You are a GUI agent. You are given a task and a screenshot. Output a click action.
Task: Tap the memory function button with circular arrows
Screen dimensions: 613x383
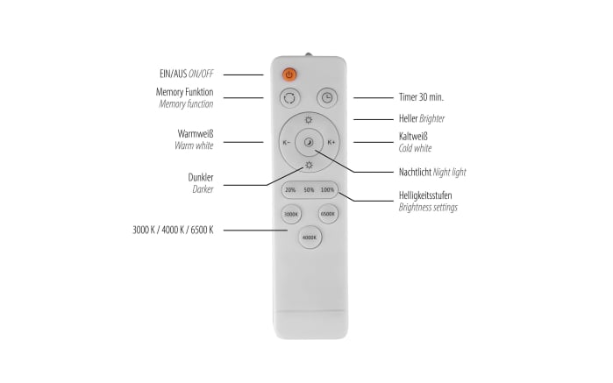point(289,97)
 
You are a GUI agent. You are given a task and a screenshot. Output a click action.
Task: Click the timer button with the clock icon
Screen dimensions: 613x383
point(327,97)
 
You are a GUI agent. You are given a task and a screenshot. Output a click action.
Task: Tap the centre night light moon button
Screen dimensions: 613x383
point(309,142)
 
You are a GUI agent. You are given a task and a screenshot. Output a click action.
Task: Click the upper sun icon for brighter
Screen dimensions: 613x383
point(309,119)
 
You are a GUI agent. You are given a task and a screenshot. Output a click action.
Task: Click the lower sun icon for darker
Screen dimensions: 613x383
point(309,165)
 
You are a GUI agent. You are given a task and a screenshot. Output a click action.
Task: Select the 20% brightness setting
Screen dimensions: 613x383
point(290,190)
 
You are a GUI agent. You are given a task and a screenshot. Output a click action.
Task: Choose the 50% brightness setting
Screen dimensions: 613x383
point(309,190)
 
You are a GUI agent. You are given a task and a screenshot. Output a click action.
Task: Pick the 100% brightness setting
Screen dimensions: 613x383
point(327,190)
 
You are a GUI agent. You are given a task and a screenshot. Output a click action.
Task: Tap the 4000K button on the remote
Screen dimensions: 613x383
point(310,238)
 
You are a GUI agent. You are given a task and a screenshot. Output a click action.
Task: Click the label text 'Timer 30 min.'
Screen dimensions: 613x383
point(421,97)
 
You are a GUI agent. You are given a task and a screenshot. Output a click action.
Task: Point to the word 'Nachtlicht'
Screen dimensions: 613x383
point(415,172)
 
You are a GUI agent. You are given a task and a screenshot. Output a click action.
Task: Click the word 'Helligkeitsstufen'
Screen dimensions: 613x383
point(425,195)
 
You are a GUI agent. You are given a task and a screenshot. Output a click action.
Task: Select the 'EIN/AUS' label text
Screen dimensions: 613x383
point(173,74)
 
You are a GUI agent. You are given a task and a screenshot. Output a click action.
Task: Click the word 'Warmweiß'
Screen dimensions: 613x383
point(196,134)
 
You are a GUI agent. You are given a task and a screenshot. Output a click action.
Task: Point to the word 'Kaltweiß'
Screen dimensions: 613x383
point(413,137)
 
